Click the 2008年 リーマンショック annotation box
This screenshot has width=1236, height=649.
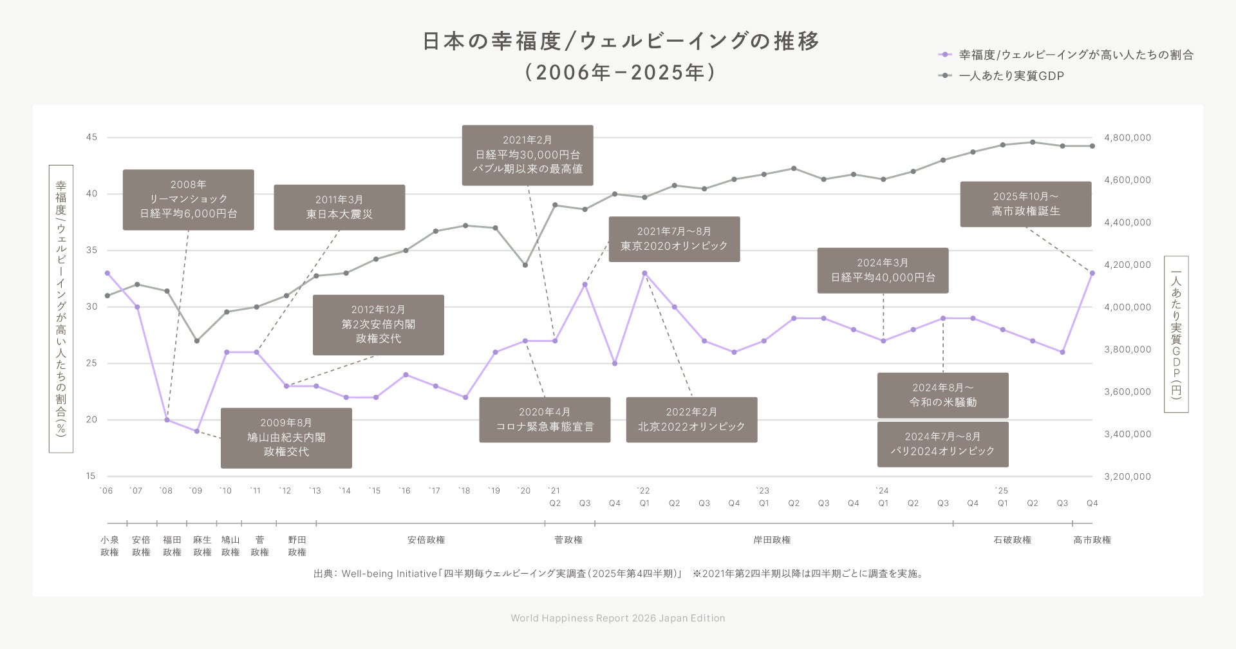tap(188, 200)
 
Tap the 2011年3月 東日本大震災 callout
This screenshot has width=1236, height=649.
tap(339, 207)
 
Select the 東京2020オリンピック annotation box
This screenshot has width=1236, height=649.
tap(674, 239)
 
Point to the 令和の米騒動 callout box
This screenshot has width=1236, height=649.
tap(942, 395)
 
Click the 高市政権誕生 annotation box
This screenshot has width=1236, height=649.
tap(1025, 204)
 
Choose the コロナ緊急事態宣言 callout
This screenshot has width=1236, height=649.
tap(545, 420)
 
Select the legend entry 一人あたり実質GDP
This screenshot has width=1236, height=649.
tap(1011, 76)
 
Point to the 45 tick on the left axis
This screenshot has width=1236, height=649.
tap(91, 137)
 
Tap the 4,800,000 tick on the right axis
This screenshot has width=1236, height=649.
tap(1127, 138)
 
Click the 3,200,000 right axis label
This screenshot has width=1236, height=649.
tap(1127, 476)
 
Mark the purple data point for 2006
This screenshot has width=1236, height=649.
tap(108, 273)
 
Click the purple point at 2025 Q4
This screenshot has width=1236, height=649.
tap(1092, 273)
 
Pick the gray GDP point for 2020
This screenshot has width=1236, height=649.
tap(525, 265)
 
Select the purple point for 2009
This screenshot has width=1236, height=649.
tap(197, 431)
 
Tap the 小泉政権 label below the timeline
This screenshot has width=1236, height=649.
tap(109, 546)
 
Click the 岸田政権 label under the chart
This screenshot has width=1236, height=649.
tap(772, 540)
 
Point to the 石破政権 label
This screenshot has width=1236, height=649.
tap(1012, 540)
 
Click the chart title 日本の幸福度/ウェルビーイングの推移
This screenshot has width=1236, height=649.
tap(621, 41)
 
